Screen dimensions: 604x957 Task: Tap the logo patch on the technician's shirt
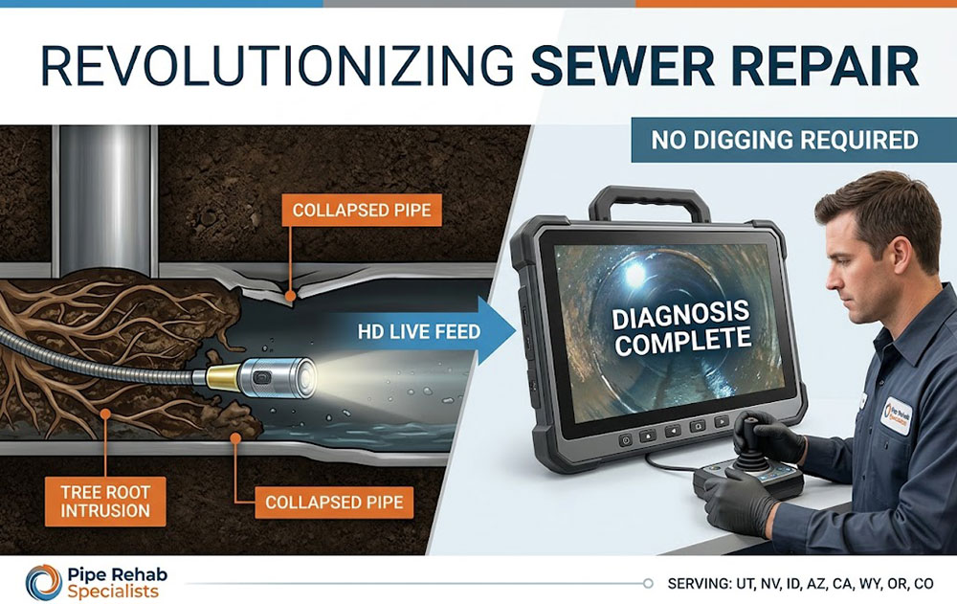tap(897, 415)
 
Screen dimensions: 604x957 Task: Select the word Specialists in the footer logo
tap(114, 593)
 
